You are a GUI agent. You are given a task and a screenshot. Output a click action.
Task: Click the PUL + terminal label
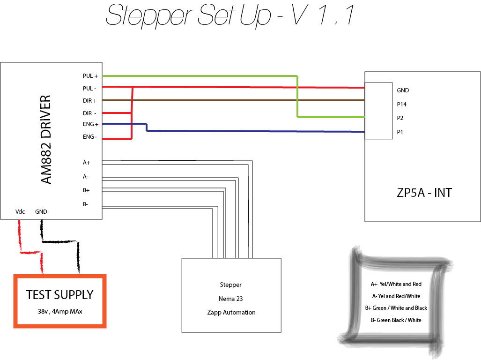[90, 76]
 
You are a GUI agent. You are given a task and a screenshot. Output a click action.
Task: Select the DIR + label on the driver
[90, 100]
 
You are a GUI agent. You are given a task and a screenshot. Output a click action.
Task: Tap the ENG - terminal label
[90, 137]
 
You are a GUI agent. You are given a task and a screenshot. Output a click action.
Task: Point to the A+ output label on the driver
[86, 163]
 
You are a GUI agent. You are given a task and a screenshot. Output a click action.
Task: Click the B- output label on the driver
[86, 204]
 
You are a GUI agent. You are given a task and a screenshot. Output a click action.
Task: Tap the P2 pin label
[400, 118]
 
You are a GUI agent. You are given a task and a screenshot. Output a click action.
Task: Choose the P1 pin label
[400, 132]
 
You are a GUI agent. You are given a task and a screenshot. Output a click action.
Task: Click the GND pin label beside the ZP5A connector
[403, 90]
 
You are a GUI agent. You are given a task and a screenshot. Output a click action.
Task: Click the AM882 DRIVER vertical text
[45, 140]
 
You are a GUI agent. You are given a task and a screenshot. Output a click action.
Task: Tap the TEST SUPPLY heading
[59, 295]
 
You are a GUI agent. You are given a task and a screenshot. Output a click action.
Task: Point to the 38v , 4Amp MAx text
[59, 311]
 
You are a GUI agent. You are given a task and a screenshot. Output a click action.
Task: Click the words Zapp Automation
[231, 312]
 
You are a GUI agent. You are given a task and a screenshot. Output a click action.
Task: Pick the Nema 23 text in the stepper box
[231, 299]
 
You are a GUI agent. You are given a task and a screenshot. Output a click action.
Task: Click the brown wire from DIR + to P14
[234, 100]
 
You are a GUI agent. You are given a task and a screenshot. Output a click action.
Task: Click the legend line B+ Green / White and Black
[396, 308]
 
